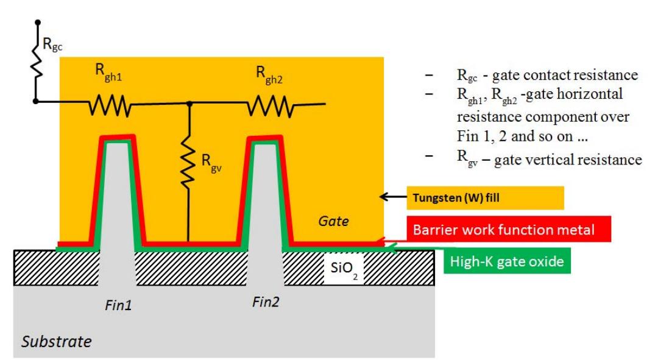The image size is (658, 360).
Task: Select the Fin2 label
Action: point(266,301)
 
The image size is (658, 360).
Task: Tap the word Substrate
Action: point(57,341)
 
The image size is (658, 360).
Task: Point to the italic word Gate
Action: point(334,222)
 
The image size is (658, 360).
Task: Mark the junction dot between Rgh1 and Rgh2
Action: point(189,104)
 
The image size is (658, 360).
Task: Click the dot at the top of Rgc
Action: point(38,23)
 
